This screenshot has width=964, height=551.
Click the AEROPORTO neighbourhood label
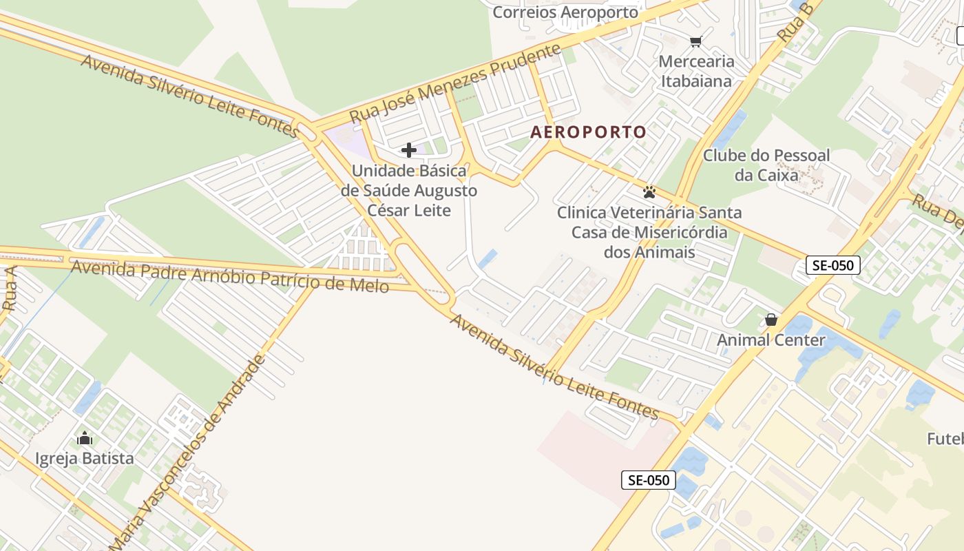coord(588,132)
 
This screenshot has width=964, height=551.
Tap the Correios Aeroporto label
coord(565,12)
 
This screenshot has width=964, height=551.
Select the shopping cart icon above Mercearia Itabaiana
coord(695,42)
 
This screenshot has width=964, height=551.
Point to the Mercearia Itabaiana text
coord(696,71)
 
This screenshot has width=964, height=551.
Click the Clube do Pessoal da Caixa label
coord(766,165)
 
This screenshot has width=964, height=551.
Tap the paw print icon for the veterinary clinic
coord(649,191)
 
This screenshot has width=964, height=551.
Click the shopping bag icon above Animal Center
coord(771,320)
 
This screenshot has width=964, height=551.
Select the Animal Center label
coord(771,340)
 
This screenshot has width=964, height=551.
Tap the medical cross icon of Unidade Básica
coord(409,150)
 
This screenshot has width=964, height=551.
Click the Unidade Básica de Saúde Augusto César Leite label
coord(409,191)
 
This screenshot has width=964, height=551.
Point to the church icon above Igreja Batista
coord(85,438)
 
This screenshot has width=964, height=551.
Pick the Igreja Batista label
coord(85,458)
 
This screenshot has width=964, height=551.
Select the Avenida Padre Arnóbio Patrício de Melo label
coord(230,275)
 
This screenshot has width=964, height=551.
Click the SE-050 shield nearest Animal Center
coord(833,265)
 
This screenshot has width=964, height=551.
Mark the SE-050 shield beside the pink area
coord(648,480)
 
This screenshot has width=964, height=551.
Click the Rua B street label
coord(796,22)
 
